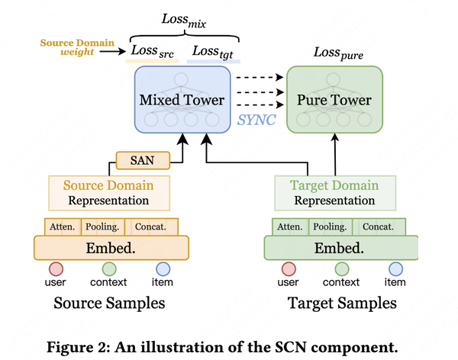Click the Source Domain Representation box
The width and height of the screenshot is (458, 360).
pyautogui.click(x=108, y=193)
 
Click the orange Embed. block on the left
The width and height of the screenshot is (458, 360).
pyautogui.click(x=111, y=248)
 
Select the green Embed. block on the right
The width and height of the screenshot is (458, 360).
pyautogui.click(x=340, y=248)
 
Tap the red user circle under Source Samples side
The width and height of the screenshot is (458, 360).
pyautogui.click(x=56, y=269)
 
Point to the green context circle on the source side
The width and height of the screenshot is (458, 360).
pyautogui.click(x=108, y=269)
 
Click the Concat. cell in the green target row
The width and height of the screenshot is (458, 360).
pyautogui.click(x=377, y=227)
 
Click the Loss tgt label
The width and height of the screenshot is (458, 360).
pyautogui.click(x=213, y=51)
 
